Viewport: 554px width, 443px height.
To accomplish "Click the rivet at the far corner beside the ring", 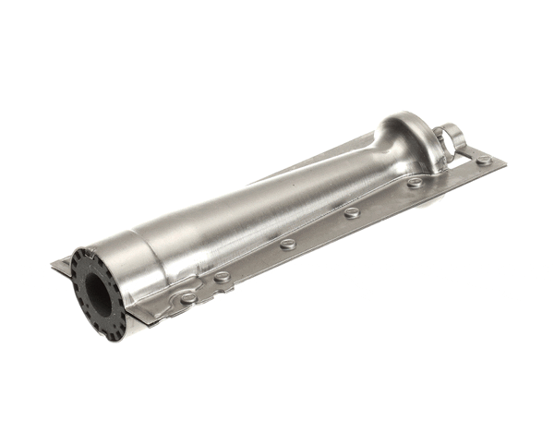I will [483, 161].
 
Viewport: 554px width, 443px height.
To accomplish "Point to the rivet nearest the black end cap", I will [189, 297].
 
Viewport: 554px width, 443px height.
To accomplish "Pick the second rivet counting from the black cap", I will [222, 276].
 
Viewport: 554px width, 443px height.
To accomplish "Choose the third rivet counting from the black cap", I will [288, 244].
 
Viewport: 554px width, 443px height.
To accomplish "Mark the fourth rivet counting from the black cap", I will [352, 212].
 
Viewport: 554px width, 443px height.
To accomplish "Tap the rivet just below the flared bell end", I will [415, 183].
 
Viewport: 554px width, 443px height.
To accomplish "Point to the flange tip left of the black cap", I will [58, 267].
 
